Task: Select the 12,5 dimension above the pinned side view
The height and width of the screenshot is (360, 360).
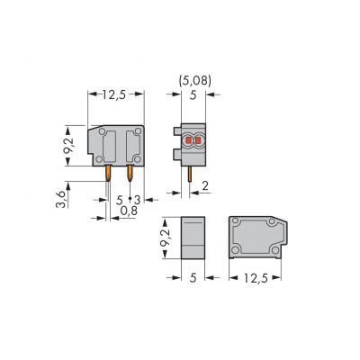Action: pos(113,94)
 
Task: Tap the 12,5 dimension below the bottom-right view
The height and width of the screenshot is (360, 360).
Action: pos(256,278)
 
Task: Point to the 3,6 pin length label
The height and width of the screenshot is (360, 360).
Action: pos(61,200)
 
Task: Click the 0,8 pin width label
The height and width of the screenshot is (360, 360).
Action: pos(129,211)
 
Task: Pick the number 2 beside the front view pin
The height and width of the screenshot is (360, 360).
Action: pos(205,186)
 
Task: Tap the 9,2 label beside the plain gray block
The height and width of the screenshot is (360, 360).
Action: pos(166,238)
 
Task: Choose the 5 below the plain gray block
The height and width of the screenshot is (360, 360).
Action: pos(193,278)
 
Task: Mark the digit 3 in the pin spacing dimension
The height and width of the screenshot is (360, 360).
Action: pos(137,200)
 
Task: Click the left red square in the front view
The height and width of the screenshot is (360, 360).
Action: pos(189,140)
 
